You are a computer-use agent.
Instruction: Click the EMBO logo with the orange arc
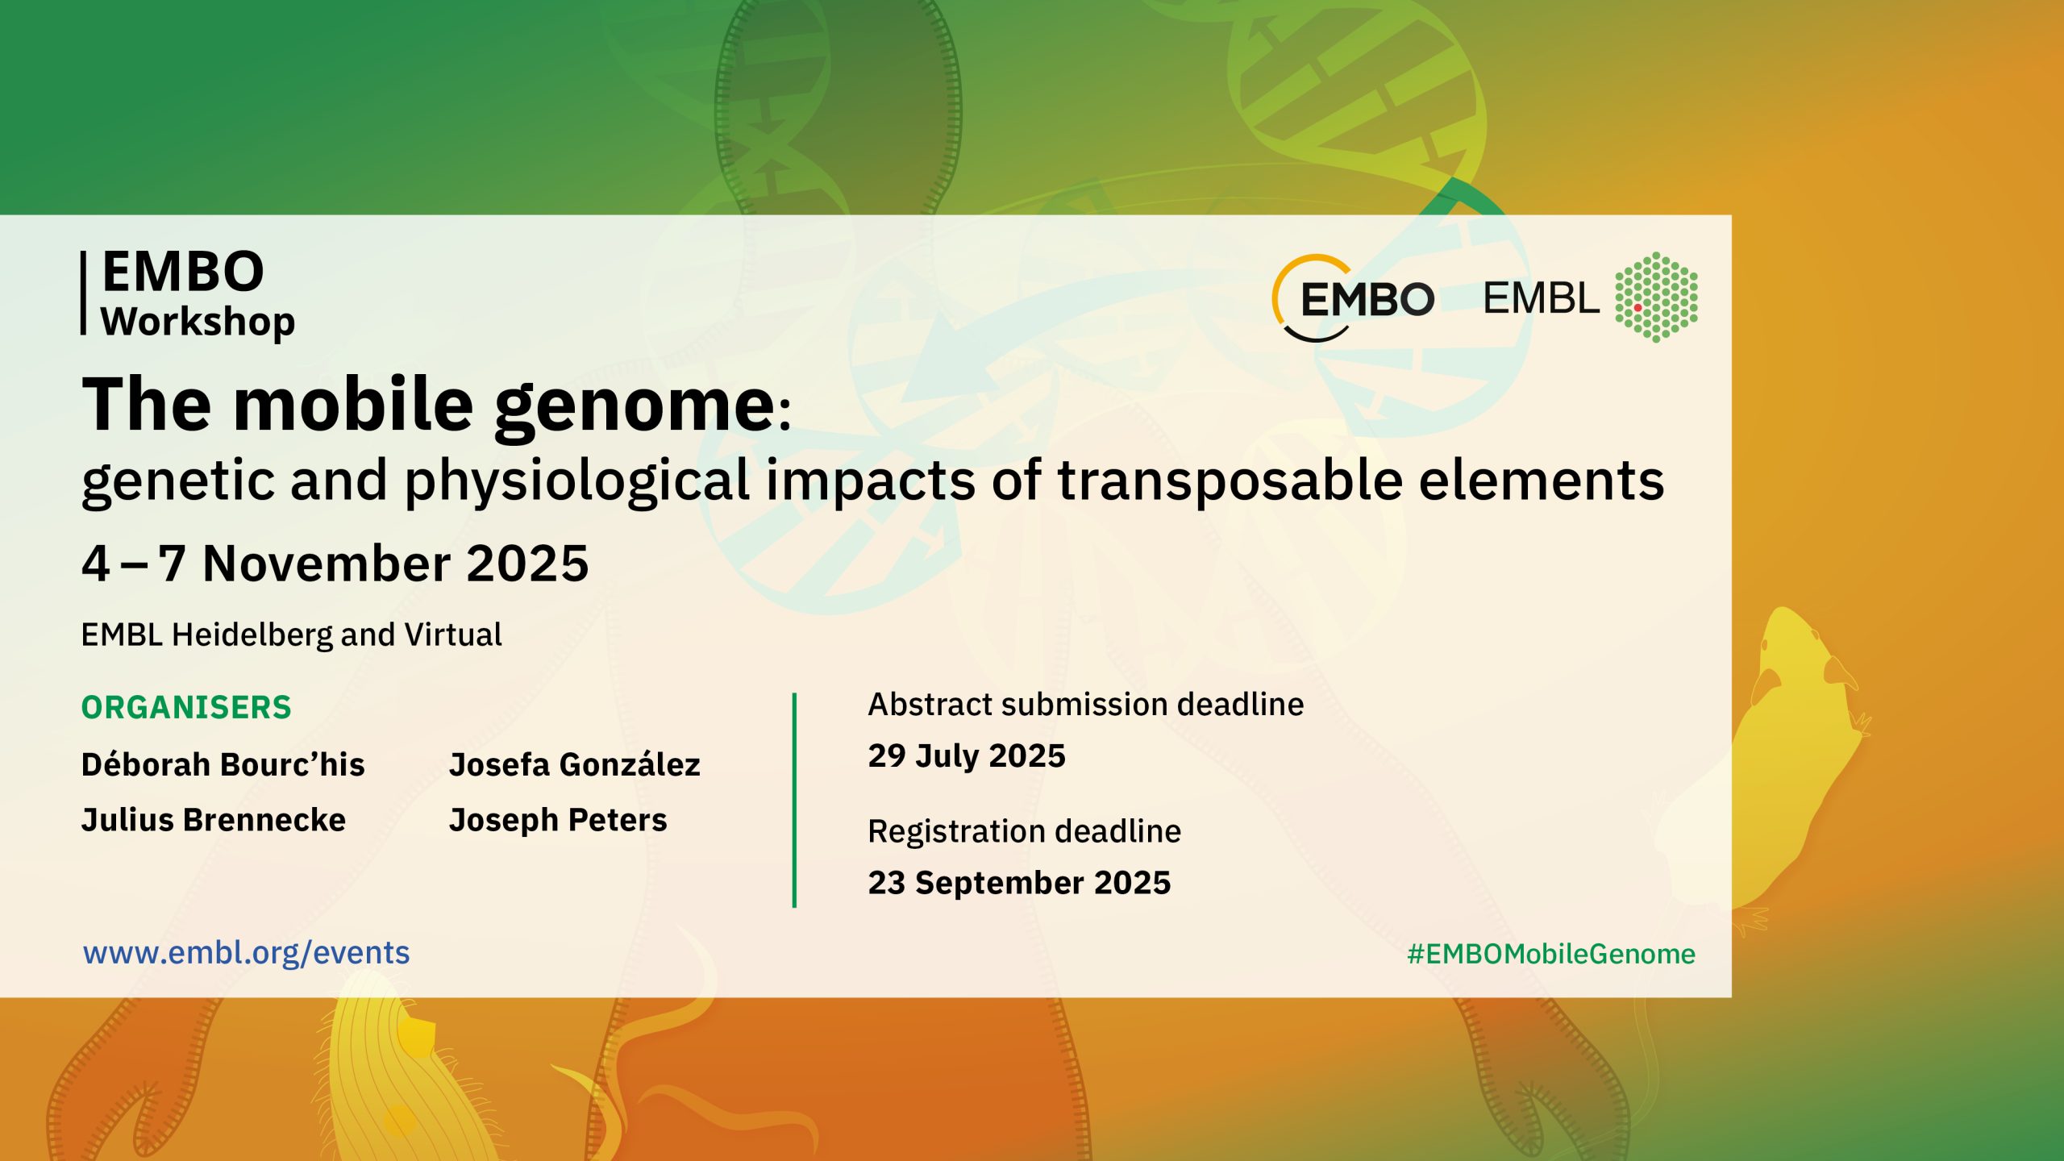point(1354,298)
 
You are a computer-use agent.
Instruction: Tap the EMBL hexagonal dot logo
point(1656,298)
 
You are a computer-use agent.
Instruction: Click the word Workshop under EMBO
point(198,322)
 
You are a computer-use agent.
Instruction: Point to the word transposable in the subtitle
point(1230,481)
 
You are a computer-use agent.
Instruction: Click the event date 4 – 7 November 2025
point(335,563)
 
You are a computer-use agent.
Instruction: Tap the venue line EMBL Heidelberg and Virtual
point(292,635)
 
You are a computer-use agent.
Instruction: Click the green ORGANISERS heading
point(186,707)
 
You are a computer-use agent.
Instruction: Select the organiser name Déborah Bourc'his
point(223,764)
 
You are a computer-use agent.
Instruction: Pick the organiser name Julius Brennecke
point(214,820)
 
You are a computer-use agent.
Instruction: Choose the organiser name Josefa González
point(575,764)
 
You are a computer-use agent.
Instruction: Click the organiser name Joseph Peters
point(558,820)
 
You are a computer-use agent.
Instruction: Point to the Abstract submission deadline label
point(1086,705)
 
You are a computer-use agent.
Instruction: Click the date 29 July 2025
point(967,756)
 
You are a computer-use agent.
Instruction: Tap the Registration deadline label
point(1025,831)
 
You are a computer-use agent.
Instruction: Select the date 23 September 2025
point(1019,883)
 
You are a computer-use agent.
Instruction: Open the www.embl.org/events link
point(247,953)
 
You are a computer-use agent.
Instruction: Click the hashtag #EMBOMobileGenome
point(1551,954)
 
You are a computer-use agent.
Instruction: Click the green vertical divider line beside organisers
point(794,800)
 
